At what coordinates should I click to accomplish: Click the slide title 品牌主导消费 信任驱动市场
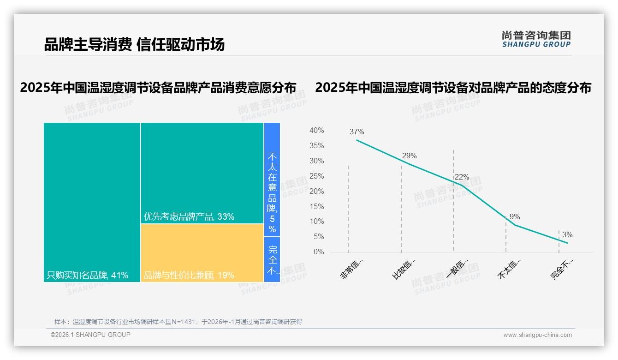pos(134,45)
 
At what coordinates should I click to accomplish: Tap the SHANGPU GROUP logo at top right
pos(536,39)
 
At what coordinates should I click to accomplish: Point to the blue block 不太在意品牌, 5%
pos(272,180)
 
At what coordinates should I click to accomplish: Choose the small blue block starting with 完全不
pos(272,259)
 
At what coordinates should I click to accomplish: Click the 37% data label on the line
pos(357,132)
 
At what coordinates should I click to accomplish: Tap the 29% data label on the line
pos(409,156)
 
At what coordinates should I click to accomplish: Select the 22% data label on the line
pos(462,177)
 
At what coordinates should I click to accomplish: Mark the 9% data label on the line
pos(515,217)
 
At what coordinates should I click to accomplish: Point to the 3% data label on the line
pos(567,235)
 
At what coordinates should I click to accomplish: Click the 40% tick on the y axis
pos(316,131)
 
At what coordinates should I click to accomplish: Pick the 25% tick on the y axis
pos(316,176)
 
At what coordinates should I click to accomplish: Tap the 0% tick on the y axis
pos(318,252)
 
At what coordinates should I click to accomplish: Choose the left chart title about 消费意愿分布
pos(158,88)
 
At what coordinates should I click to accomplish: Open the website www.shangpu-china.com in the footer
pos(537,335)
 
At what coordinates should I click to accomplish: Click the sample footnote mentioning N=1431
pos(178,322)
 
